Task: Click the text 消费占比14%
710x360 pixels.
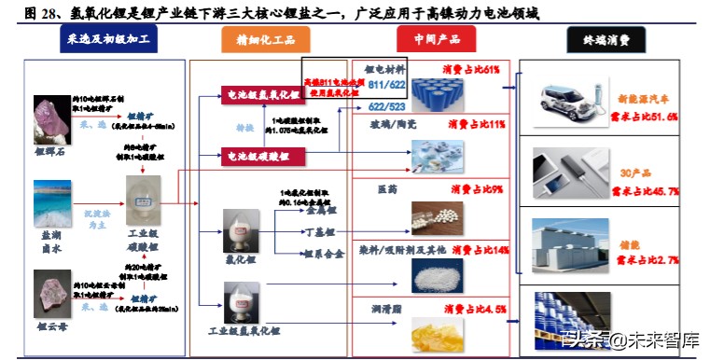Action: click(x=478, y=251)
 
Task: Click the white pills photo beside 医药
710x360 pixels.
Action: click(x=437, y=216)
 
